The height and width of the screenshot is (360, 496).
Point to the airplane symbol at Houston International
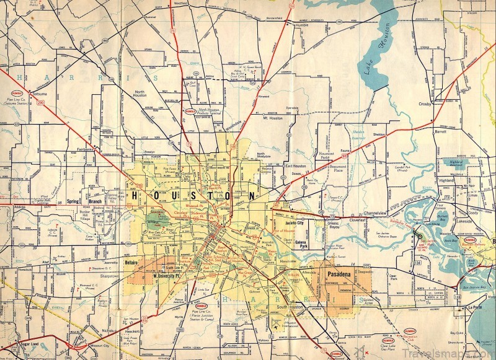[276, 322]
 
